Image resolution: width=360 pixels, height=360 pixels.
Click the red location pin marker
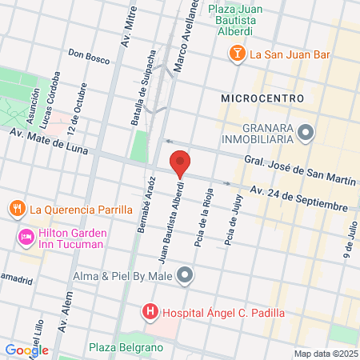click(x=180, y=162)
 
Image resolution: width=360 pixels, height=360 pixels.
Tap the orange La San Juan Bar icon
click(x=238, y=54)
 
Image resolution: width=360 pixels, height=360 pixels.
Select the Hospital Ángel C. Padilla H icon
click(x=149, y=311)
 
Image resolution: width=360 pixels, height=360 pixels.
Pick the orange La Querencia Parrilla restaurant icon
click(x=17, y=210)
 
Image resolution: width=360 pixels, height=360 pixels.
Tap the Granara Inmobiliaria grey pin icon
click(x=305, y=131)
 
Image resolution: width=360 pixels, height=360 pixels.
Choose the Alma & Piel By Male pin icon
click(x=186, y=276)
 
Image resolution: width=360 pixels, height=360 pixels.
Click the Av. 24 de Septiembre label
click(x=298, y=198)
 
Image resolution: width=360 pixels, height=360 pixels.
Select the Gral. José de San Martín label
click(x=300, y=170)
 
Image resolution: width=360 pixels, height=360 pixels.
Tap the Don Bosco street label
click(x=87, y=55)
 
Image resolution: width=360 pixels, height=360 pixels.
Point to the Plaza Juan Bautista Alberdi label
click(x=230, y=20)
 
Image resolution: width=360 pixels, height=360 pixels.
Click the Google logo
click(x=26, y=350)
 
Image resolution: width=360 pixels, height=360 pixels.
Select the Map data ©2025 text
click(x=324, y=354)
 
